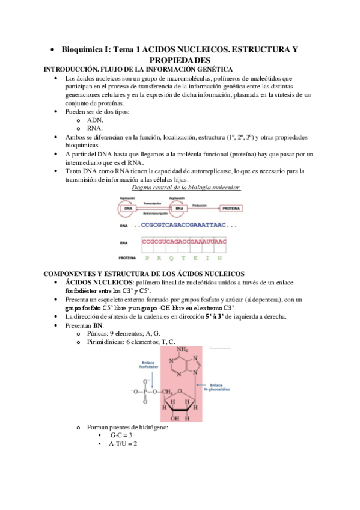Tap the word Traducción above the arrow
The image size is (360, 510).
click(x=203, y=204)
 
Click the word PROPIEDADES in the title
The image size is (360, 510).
click(x=180, y=61)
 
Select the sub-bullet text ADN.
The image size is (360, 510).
click(x=95, y=120)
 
